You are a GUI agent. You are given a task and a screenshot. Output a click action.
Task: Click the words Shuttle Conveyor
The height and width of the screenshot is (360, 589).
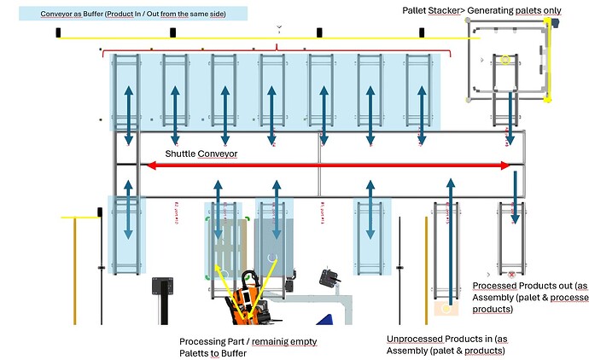[201, 154]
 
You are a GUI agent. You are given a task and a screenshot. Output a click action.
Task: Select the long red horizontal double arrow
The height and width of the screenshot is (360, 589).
[329, 165]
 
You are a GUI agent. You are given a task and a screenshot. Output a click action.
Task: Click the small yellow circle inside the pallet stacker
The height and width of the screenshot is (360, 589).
[504, 61]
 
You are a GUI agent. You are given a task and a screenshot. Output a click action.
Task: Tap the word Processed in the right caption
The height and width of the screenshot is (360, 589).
[495, 285]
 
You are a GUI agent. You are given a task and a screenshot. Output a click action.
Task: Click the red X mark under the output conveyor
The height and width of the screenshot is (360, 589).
[511, 274]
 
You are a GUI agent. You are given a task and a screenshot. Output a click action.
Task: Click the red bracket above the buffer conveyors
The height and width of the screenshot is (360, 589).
[277, 49]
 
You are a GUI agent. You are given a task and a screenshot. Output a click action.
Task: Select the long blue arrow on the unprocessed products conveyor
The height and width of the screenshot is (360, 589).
[448, 239]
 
